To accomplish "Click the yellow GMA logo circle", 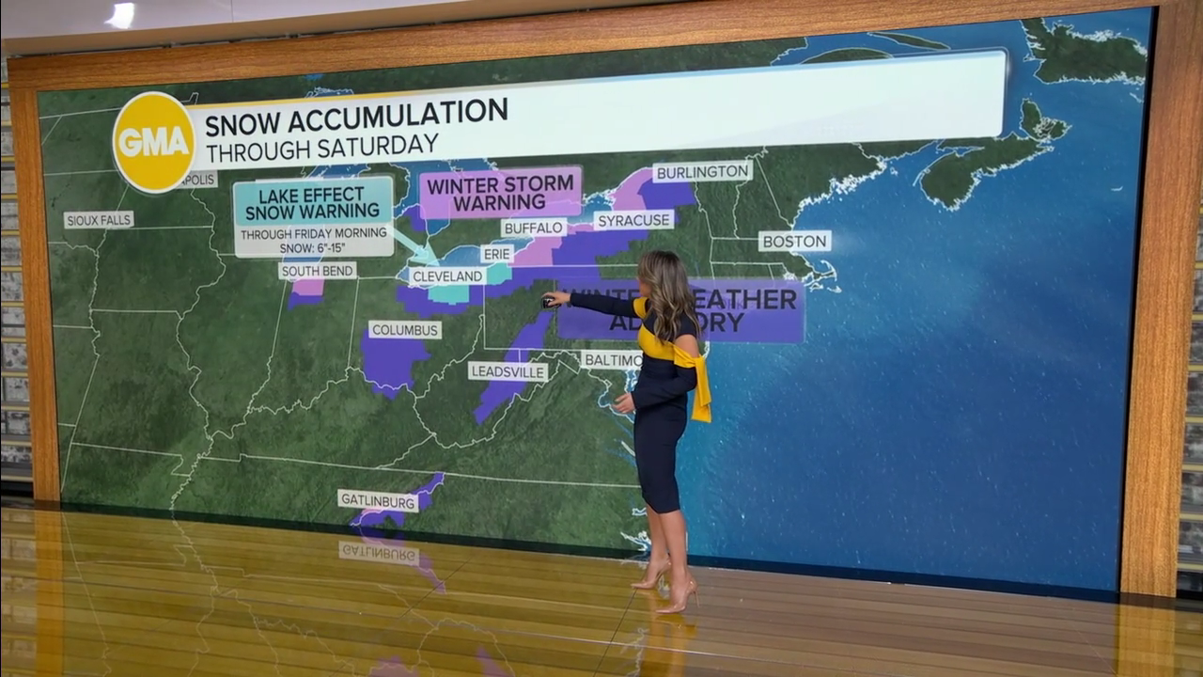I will tap(153, 142).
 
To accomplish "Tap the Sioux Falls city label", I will tap(99, 220).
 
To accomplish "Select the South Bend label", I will tap(318, 271).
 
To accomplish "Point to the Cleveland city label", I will tap(447, 276).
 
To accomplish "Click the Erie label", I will tap(497, 254).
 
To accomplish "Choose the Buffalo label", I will tap(534, 228).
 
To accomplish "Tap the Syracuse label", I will tap(633, 220).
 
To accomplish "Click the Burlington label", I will tap(702, 171).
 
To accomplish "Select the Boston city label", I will tap(795, 241).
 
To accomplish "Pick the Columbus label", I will tap(405, 330).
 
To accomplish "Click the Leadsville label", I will tap(508, 371).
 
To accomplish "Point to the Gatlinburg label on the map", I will tap(378, 501).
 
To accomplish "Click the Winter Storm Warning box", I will tap(500, 193).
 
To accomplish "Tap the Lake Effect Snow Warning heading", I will tap(313, 200).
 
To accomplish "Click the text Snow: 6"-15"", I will tap(312, 247).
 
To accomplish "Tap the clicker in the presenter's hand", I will tap(547, 301).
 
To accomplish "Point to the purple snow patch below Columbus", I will tap(391, 361).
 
